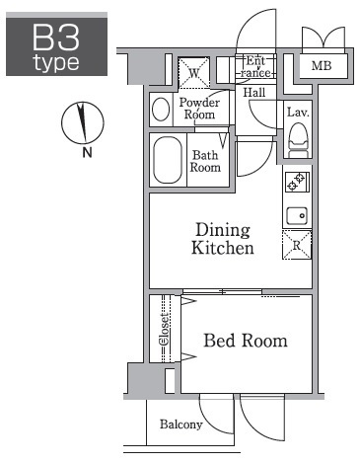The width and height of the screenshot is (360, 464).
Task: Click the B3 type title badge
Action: pyautogui.click(x=56, y=44)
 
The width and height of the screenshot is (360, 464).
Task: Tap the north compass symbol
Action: pyautogui.click(x=83, y=122)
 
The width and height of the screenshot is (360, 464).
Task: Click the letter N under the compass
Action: pyautogui.click(x=87, y=152)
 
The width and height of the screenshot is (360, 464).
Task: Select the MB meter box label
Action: pyautogui.click(x=322, y=66)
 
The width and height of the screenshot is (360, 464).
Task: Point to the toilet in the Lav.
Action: pyautogui.click(x=298, y=140)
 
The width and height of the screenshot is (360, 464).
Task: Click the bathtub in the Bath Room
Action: pyautogui.click(x=168, y=160)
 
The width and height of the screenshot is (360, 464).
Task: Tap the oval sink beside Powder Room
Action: pyautogui.click(x=161, y=110)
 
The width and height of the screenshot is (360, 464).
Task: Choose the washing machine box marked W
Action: pyautogui.click(x=194, y=73)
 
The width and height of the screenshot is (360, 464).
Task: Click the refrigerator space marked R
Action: pyautogui.click(x=297, y=245)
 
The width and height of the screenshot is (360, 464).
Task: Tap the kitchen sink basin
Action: pyautogui.click(x=297, y=216)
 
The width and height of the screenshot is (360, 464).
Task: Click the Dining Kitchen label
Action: pyautogui.click(x=223, y=239)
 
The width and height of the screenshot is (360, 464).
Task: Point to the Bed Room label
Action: pyautogui.click(x=246, y=341)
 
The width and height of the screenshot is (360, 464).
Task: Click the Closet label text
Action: pyautogui.click(x=165, y=329)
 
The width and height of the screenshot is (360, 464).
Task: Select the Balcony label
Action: pyautogui.click(x=180, y=425)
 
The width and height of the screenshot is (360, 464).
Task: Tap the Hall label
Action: pyautogui.click(x=254, y=93)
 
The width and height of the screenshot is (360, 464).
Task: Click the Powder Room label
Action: pyautogui.click(x=199, y=109)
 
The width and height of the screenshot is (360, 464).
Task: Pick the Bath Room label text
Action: pyautogui.click(x=205, y=161)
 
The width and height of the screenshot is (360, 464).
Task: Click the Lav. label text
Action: pyautogui.click(x=298, y=113)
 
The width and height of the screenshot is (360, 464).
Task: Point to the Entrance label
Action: pyautogui.click(x=255, y=67)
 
